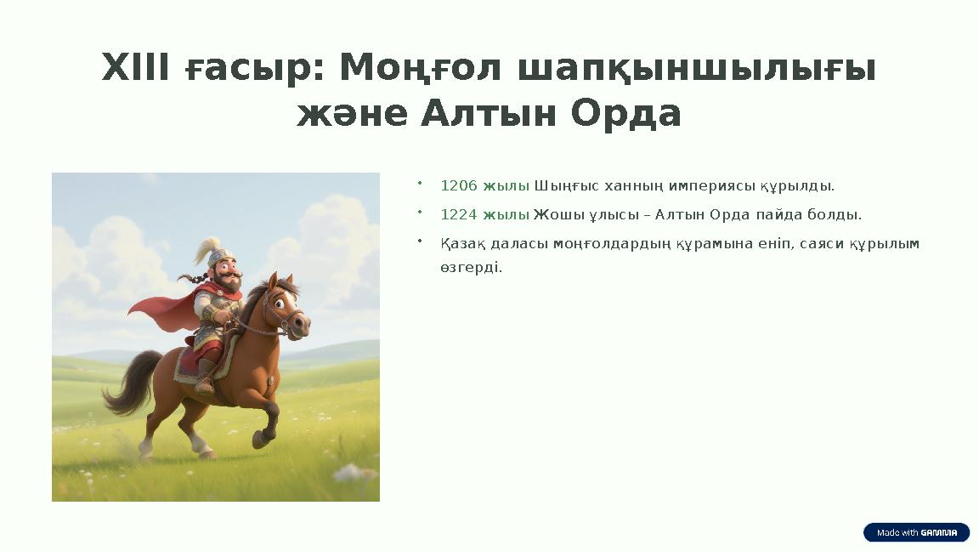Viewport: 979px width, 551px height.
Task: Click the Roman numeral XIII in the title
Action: (135, 68)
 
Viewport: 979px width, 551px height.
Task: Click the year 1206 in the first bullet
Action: (459, 185)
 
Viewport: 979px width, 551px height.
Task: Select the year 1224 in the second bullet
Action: (459, 214)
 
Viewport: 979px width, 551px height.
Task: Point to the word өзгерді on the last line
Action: (471, 267)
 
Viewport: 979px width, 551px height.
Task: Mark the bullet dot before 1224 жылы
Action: (420, 210)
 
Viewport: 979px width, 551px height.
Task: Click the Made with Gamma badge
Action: (916, 532)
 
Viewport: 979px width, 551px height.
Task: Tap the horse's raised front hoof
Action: (259, 440)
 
